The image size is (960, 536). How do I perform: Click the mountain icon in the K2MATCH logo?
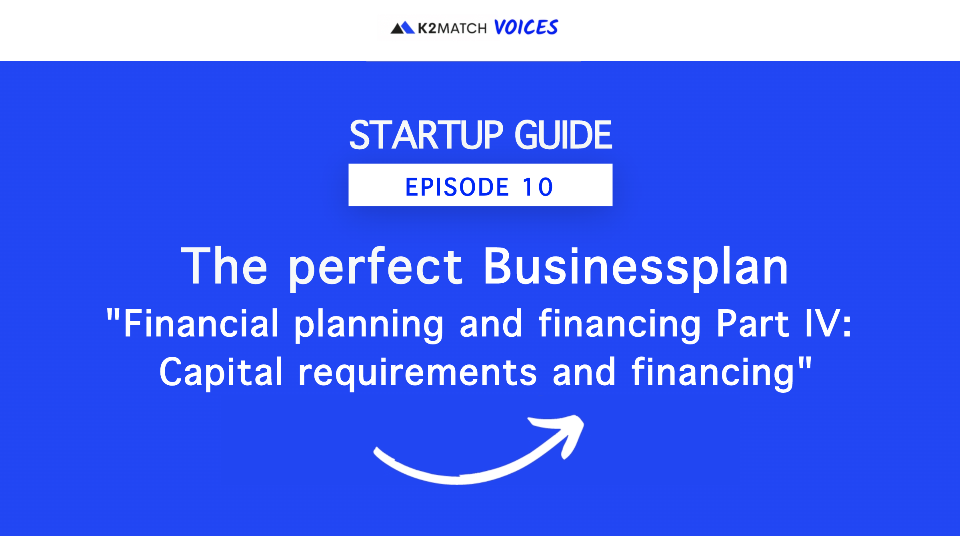pos(402,28)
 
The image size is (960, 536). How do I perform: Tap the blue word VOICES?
pos(526,27)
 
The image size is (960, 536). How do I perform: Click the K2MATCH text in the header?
pos(452,28)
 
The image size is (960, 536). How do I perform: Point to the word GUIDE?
pos(563,135)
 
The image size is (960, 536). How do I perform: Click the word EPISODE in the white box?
pos(457,187)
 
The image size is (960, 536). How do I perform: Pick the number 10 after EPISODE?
pos(538,187)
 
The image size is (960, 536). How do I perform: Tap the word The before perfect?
pos(224,266)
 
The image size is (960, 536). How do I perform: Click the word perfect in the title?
pos(376,268)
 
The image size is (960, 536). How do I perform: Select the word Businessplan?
pos(636,268)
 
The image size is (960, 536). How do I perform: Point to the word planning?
pos(369,326)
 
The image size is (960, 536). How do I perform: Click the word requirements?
pos(417,374)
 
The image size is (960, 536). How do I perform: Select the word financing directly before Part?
pos(620,326)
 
